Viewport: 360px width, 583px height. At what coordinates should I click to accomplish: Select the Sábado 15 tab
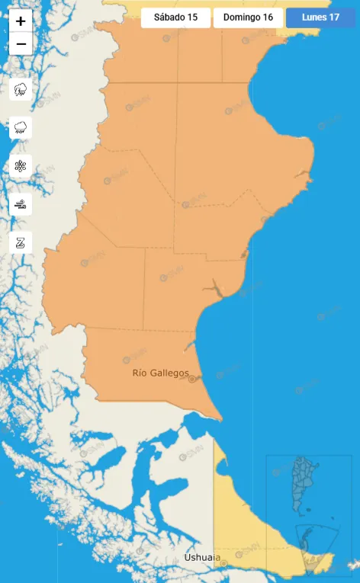pyautogui.click(x=175, y=18)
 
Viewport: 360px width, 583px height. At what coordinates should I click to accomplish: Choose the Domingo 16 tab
pyautogui.click(x=248, y=18)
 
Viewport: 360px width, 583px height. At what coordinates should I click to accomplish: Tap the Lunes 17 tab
pyautogui.click(x=320, y=18)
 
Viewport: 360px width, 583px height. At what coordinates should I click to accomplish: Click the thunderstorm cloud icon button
pyautogui.click(x=21, y=90)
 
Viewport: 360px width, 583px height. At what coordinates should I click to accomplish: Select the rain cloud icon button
pyautogui.click(x=21, y=127)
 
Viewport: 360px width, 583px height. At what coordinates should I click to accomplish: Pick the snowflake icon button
pyautogui.click(x=21, y=165)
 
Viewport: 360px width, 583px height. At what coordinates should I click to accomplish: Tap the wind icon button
pyautogui.click(x=21, y=204)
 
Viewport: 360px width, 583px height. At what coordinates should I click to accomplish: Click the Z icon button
pyautogui.click(x=21, y=242)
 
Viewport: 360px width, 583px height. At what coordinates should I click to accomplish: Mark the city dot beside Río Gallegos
pyautogui.click(x=192, y=379)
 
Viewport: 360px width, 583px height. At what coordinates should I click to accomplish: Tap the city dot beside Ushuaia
pyautogui.click(x=224, y=562)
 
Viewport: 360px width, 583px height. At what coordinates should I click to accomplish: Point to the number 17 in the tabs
pyautogui.click(x=334, y=18)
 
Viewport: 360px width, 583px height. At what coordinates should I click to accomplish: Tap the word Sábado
pyautogui.click(x=169, y=18)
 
